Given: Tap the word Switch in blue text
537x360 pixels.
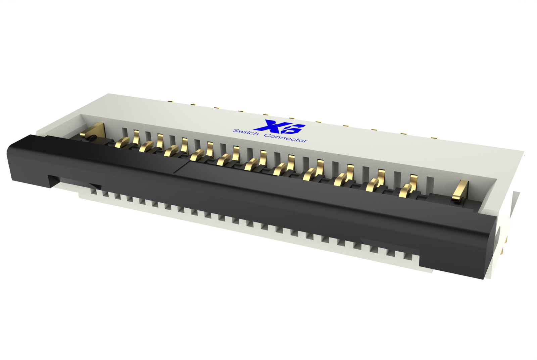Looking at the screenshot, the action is click(x=245, y=132).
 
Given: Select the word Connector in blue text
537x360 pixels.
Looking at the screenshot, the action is click(x=286, y=138).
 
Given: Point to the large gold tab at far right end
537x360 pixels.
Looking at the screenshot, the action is click(x=460, y=190).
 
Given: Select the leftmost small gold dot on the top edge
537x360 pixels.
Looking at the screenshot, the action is click(x=171, y=102).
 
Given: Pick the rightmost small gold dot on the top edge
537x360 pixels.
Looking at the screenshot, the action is click(x=433, y=138).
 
